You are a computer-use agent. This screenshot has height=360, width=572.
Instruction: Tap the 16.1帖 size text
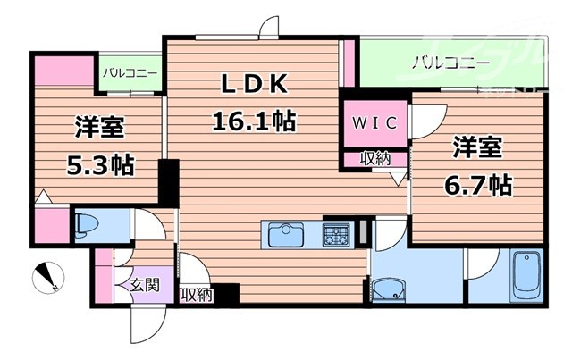coord(254,120)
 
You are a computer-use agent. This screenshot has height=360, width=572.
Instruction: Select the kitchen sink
coord(288,235)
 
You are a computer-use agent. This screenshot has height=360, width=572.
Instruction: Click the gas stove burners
coord(337,235)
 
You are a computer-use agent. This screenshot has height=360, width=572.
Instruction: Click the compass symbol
coord(46,278)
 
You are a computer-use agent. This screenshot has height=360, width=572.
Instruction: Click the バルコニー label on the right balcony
coord(450,63)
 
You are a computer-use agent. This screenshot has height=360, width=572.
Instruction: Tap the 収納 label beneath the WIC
coord(374,158)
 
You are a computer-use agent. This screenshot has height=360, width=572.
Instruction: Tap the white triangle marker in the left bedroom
coord(41,197)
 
